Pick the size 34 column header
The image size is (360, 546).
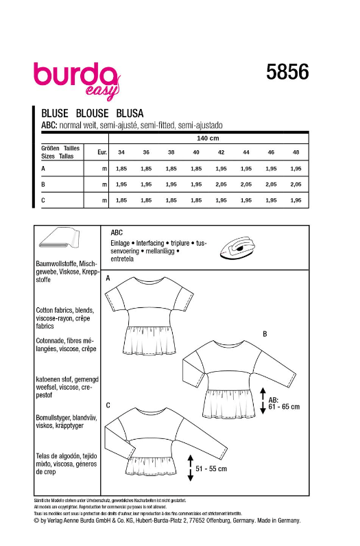pos(121,153)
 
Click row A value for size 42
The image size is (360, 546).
pos(221,169)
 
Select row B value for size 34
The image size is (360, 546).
pos(121,185)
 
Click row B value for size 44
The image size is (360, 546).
pos(245,185)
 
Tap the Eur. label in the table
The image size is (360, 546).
pos(102,152)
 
